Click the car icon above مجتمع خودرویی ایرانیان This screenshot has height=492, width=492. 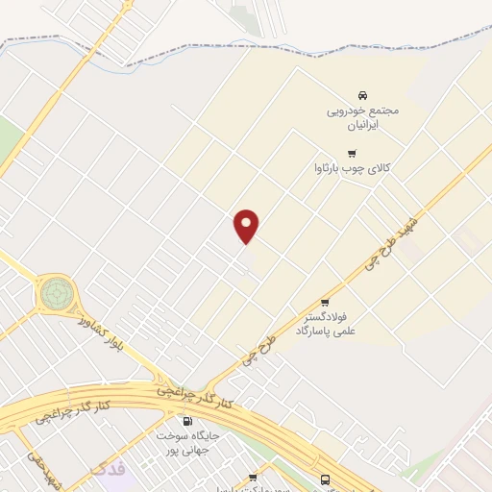coord(361,96)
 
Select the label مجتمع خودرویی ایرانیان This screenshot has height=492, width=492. coord(361,118)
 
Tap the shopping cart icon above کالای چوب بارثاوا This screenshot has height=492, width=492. coord(352,153)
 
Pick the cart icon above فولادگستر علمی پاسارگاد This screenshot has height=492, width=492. coord(324,303)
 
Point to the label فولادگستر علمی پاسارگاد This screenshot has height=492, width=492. coord(325,324)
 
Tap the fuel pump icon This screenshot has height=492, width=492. coord(186,421)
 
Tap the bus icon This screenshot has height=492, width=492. coord(325,479)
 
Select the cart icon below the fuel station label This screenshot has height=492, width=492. coord(253,477)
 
